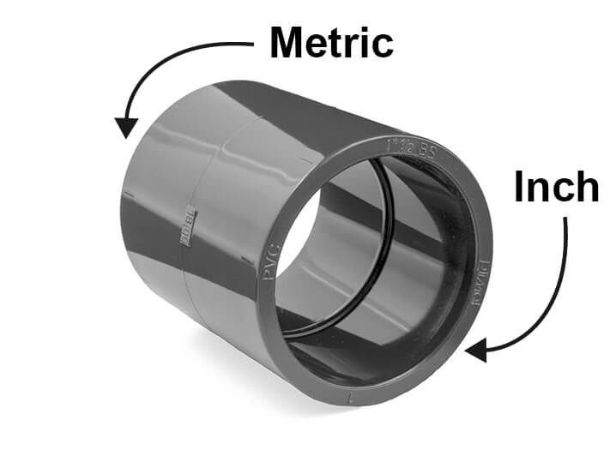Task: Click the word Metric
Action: coord(331,43)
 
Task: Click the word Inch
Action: coord(556,187)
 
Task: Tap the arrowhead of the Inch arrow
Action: coord(474,350)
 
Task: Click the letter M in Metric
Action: coord(288,43)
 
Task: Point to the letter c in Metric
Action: coord(383,45)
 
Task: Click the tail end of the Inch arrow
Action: coord(565,220)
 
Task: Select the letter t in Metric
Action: coord(340,43)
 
